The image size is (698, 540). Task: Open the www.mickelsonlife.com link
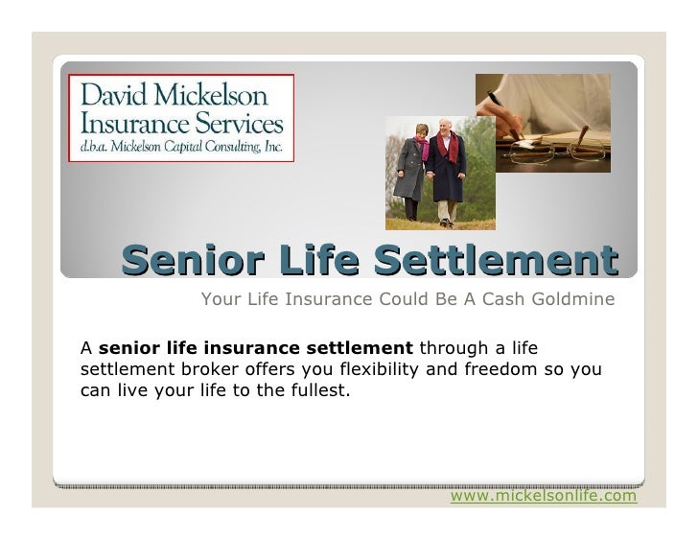[543, 496]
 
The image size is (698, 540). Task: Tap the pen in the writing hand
[501, 105]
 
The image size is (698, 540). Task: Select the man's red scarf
[447, 153]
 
